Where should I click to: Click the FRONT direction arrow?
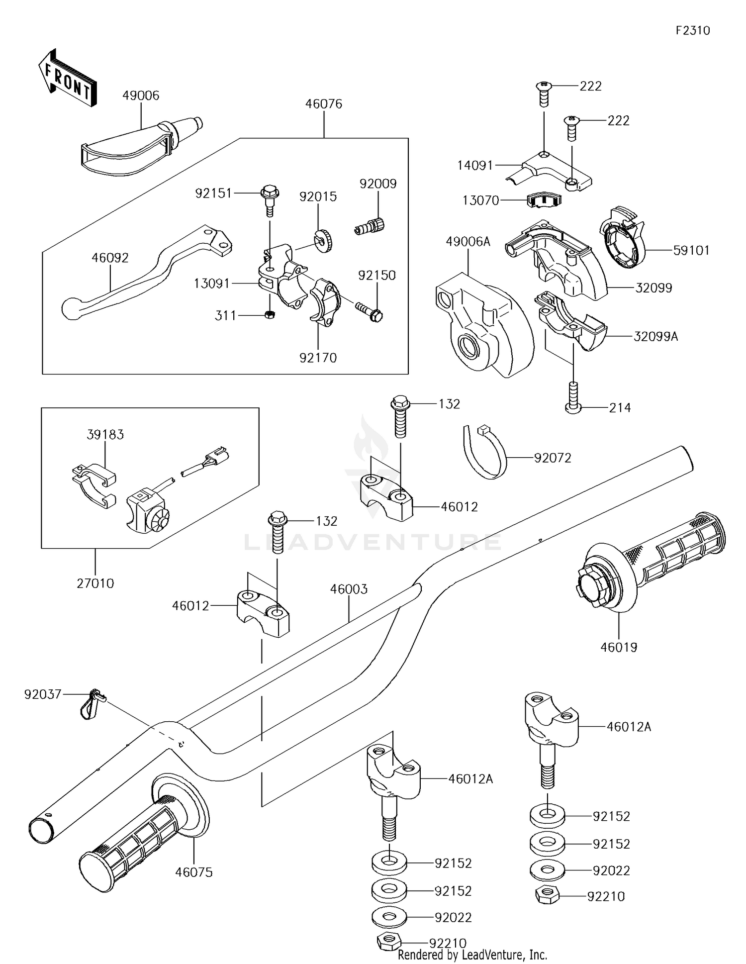coord(68,79)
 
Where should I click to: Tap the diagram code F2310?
coord(692,30)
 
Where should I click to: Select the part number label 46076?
coord(324,104)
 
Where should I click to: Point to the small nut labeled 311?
coord(270,314)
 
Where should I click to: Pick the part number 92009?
coord(378,184)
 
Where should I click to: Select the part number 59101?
coord(691,250)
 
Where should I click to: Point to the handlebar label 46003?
coord(349,589)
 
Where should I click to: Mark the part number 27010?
coord(95,583)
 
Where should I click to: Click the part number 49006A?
coord(468,242)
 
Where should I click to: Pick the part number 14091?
coord(475,165)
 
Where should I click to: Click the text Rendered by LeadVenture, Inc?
coord(472,955)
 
